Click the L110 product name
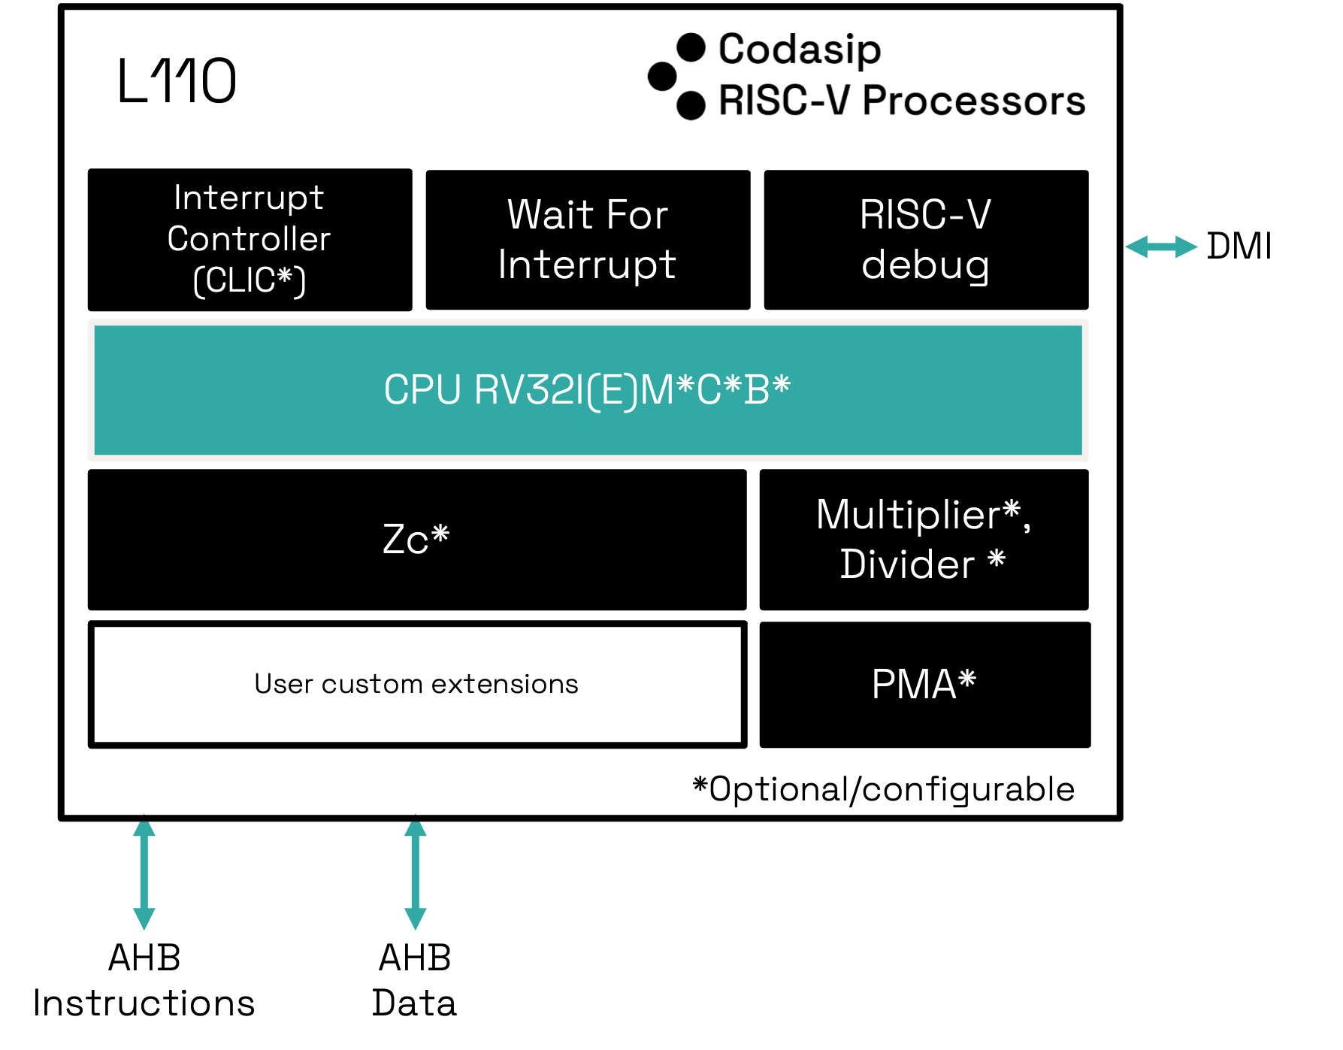[x=177, y=80]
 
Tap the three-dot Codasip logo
[x=676, y=76]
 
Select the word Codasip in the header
[x=800, y=50]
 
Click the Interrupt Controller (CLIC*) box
[x=250, y=240]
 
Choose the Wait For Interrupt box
[x=588, y=240]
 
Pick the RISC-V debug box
[x=926, y=240]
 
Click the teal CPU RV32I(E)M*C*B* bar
[x=588, y=390]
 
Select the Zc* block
[x=417, y=540]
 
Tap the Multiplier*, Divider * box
[x=924, y=540]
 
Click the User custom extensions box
[x=417, y=684]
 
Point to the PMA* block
[x=925, y=685]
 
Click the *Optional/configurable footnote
[x=884, y=790]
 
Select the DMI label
[x=1239, y=247]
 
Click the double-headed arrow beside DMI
[x=1161, y=247]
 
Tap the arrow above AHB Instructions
[x=144, y=873]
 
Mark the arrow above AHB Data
[x=416, y=873]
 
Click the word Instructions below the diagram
[x=144, y=1003]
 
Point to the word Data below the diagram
[x=415, y=1003]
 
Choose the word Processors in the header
[x=974, y=100]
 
